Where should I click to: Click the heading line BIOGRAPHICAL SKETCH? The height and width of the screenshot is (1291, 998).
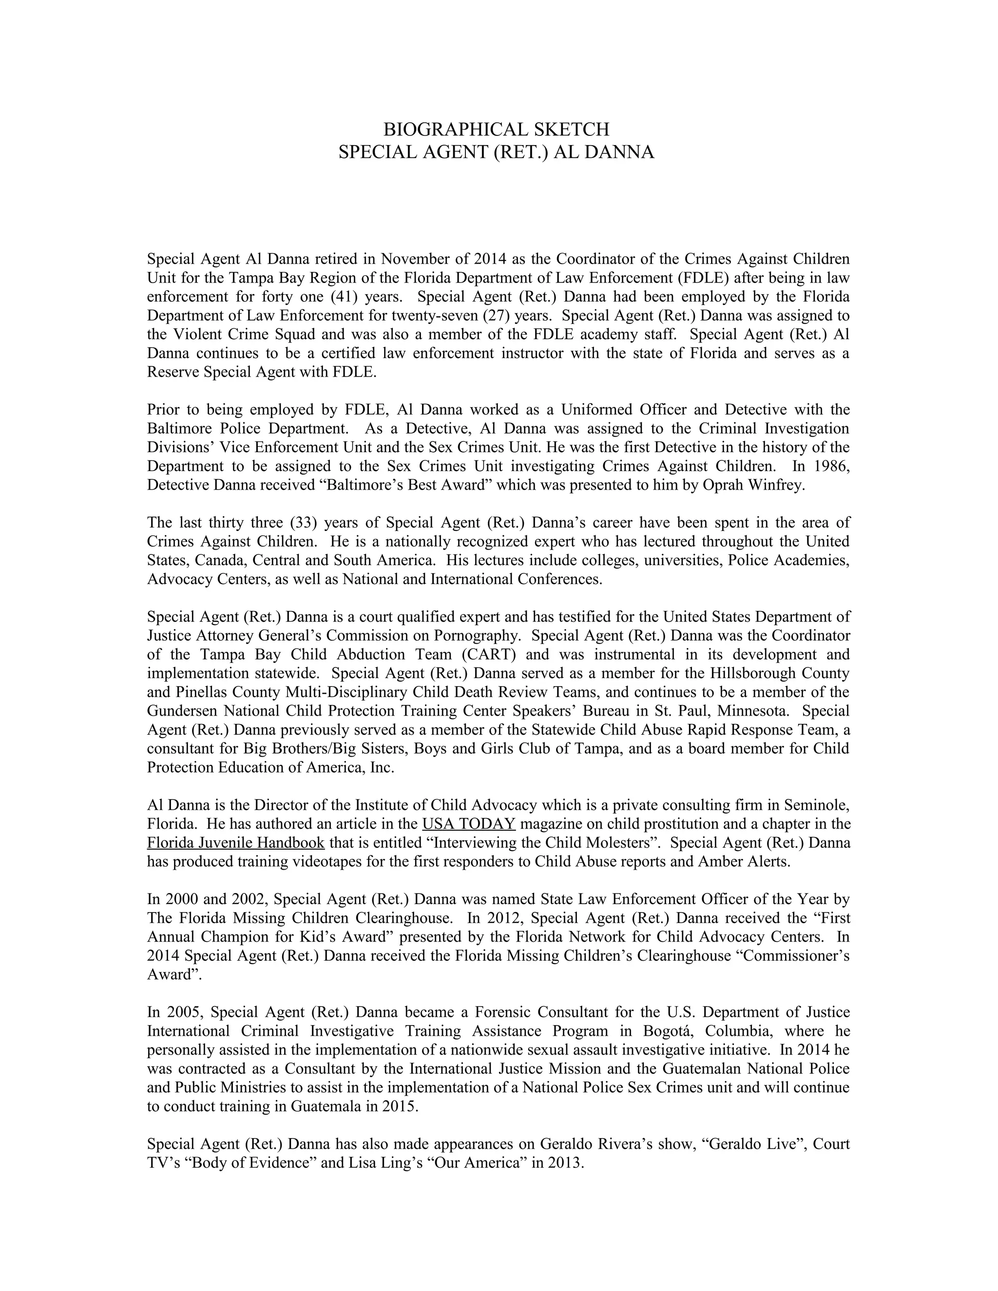496,130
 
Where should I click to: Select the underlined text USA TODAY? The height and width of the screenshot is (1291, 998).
469,824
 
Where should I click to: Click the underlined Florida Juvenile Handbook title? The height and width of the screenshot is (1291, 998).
236,843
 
